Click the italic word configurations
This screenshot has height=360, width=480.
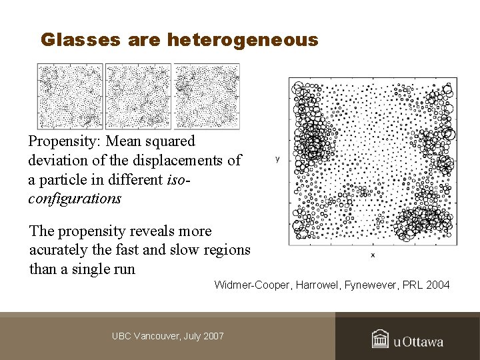[75, 199]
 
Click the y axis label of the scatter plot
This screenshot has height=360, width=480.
[277, 159]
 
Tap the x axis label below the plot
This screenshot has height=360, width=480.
[373, 255]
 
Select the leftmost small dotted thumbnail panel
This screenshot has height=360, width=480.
[70, 96]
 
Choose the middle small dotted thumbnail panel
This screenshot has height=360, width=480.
[139, 96]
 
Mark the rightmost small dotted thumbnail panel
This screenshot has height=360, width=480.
[207, 96]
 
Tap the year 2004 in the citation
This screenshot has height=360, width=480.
[437, 285]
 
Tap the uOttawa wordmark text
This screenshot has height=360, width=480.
[418, 342]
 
